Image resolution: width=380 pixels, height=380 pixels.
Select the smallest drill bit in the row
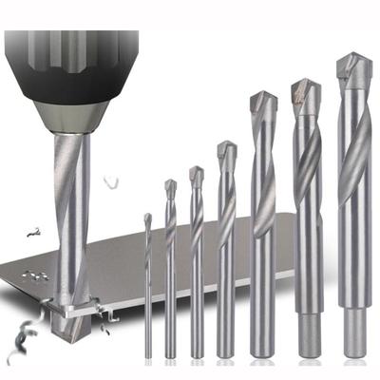tap(147, 285)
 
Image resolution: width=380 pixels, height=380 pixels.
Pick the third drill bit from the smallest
tap(197, 266)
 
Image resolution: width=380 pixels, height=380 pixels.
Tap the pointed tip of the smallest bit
tap(147, 217)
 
